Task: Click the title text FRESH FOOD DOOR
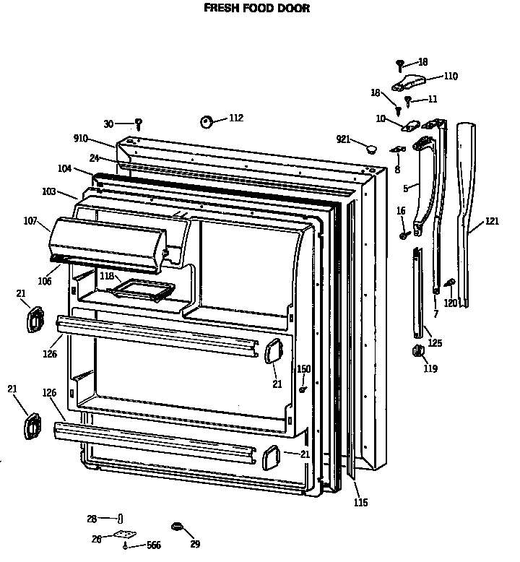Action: (256, 9)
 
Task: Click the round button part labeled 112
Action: (206, 121)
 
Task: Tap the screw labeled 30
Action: (139, 124)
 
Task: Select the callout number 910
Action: (80, 139)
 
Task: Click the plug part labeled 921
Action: (371, 147)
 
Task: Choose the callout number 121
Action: (492, 221)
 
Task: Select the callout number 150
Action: (303, 369)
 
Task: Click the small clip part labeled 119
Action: (417, 351)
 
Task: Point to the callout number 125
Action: (435, 343)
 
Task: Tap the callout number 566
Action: (153, 545)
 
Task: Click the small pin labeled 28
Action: (121, 518)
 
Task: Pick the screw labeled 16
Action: (405, 234)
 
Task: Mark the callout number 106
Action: (45, 281)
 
